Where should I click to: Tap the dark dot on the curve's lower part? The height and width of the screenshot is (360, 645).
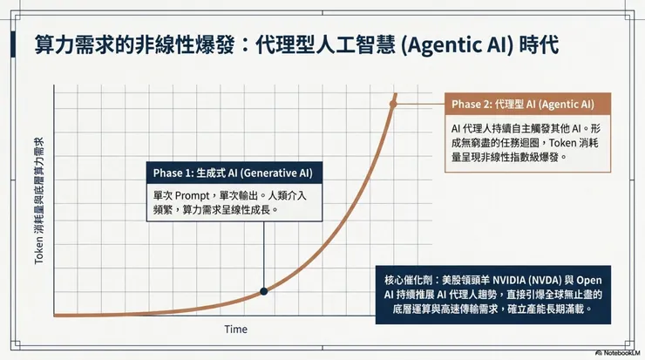point(263,291)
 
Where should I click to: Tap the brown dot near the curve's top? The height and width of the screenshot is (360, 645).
point(394,104)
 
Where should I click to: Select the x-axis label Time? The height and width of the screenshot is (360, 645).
point(235,329)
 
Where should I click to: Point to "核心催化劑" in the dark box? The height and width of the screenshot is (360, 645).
point(406,281)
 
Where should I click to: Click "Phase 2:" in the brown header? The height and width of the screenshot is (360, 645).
point(472,104)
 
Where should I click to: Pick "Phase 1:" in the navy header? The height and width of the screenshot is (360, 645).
point(171,172)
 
